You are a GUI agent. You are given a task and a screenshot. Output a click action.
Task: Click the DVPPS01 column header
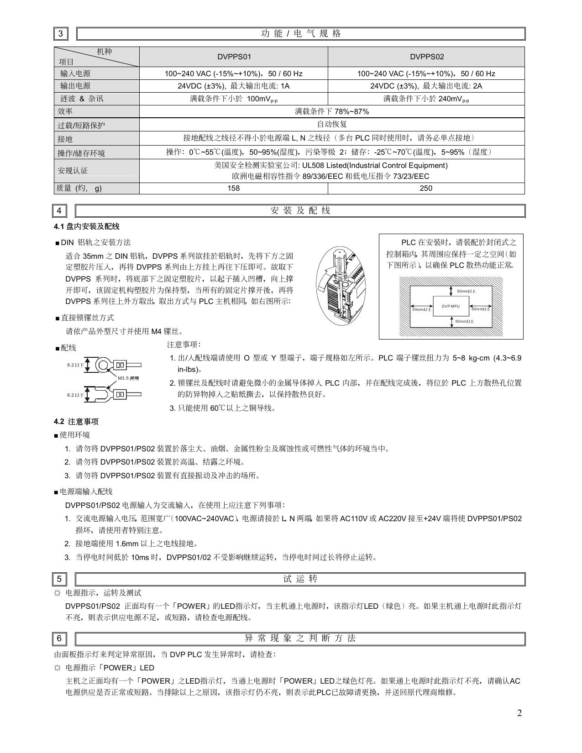[233, 57]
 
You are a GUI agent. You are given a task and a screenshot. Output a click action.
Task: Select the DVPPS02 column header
[426, 57]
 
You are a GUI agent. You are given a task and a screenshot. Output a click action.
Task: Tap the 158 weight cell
[233, 188]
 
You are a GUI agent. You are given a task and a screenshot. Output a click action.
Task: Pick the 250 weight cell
[426, 188]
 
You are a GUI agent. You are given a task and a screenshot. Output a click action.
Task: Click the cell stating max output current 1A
[233, 86]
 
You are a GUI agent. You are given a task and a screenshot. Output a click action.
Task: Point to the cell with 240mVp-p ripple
[426, 99]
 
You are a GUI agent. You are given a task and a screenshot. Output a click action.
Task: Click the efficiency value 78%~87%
[332, 111]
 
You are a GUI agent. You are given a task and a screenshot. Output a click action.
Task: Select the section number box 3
[60, 34]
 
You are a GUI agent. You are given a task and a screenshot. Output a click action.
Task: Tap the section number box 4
[60, 211]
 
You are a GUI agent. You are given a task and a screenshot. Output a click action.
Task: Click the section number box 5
[60, 580]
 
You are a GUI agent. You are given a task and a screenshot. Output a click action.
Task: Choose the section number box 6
[60, 638]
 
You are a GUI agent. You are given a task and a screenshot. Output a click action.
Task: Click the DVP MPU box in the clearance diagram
[451, 306]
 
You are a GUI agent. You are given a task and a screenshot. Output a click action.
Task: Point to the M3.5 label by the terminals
[128, 378]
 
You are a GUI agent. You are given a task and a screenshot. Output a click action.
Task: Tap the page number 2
[519, 713]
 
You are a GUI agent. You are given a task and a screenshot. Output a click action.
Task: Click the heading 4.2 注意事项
[76, 422]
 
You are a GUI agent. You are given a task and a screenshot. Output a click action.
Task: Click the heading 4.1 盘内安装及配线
[86, 227]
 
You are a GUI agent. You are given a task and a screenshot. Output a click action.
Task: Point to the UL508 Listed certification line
[331, 166]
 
